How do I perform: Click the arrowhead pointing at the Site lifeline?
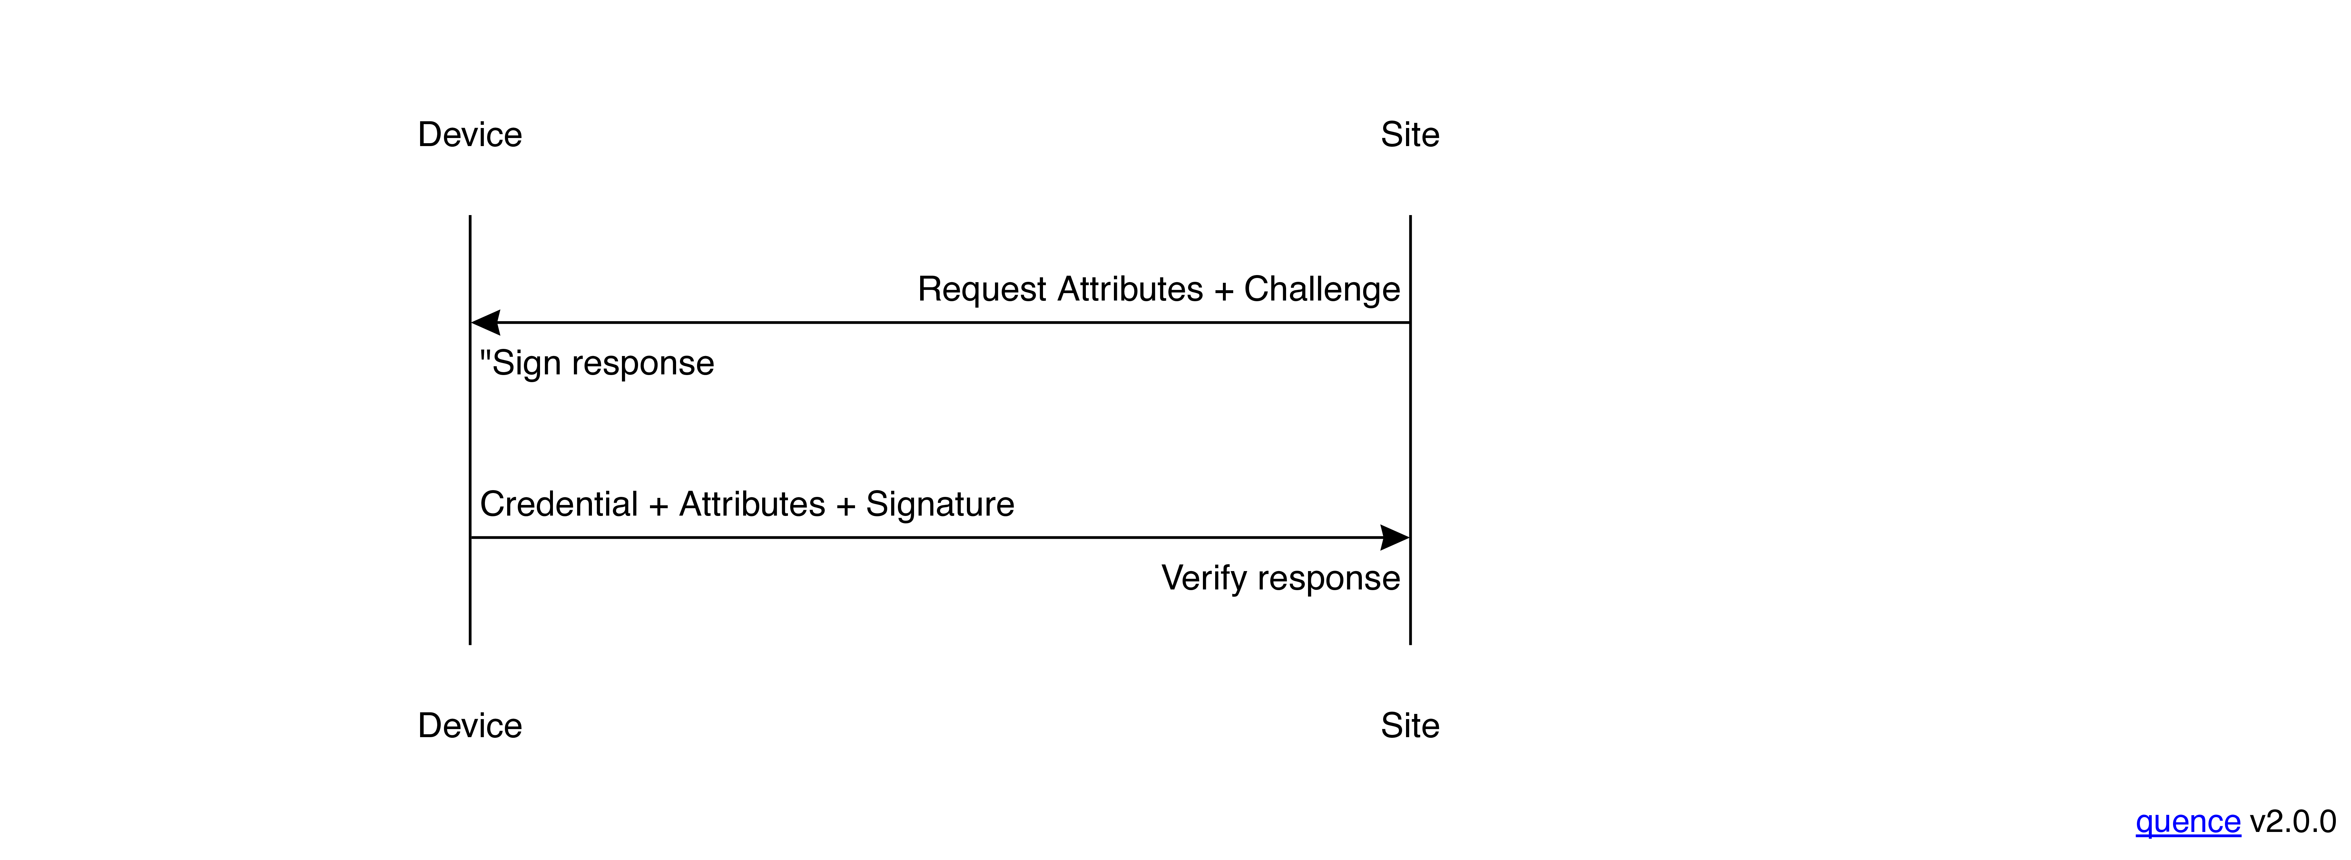1394,538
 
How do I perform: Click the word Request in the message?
982,289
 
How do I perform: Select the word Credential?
558,504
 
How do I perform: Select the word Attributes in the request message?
1130,289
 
